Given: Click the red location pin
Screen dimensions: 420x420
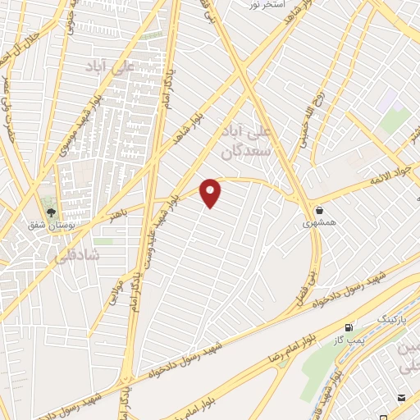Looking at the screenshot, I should point(211,193).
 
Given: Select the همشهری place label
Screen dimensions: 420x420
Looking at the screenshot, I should point(318,222).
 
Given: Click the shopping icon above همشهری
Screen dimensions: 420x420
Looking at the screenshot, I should point(318,210).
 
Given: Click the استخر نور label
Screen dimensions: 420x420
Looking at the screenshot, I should point(267,5).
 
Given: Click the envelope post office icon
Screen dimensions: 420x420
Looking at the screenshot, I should point(402,398).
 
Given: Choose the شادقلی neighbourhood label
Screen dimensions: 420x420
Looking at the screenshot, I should point(79,256).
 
